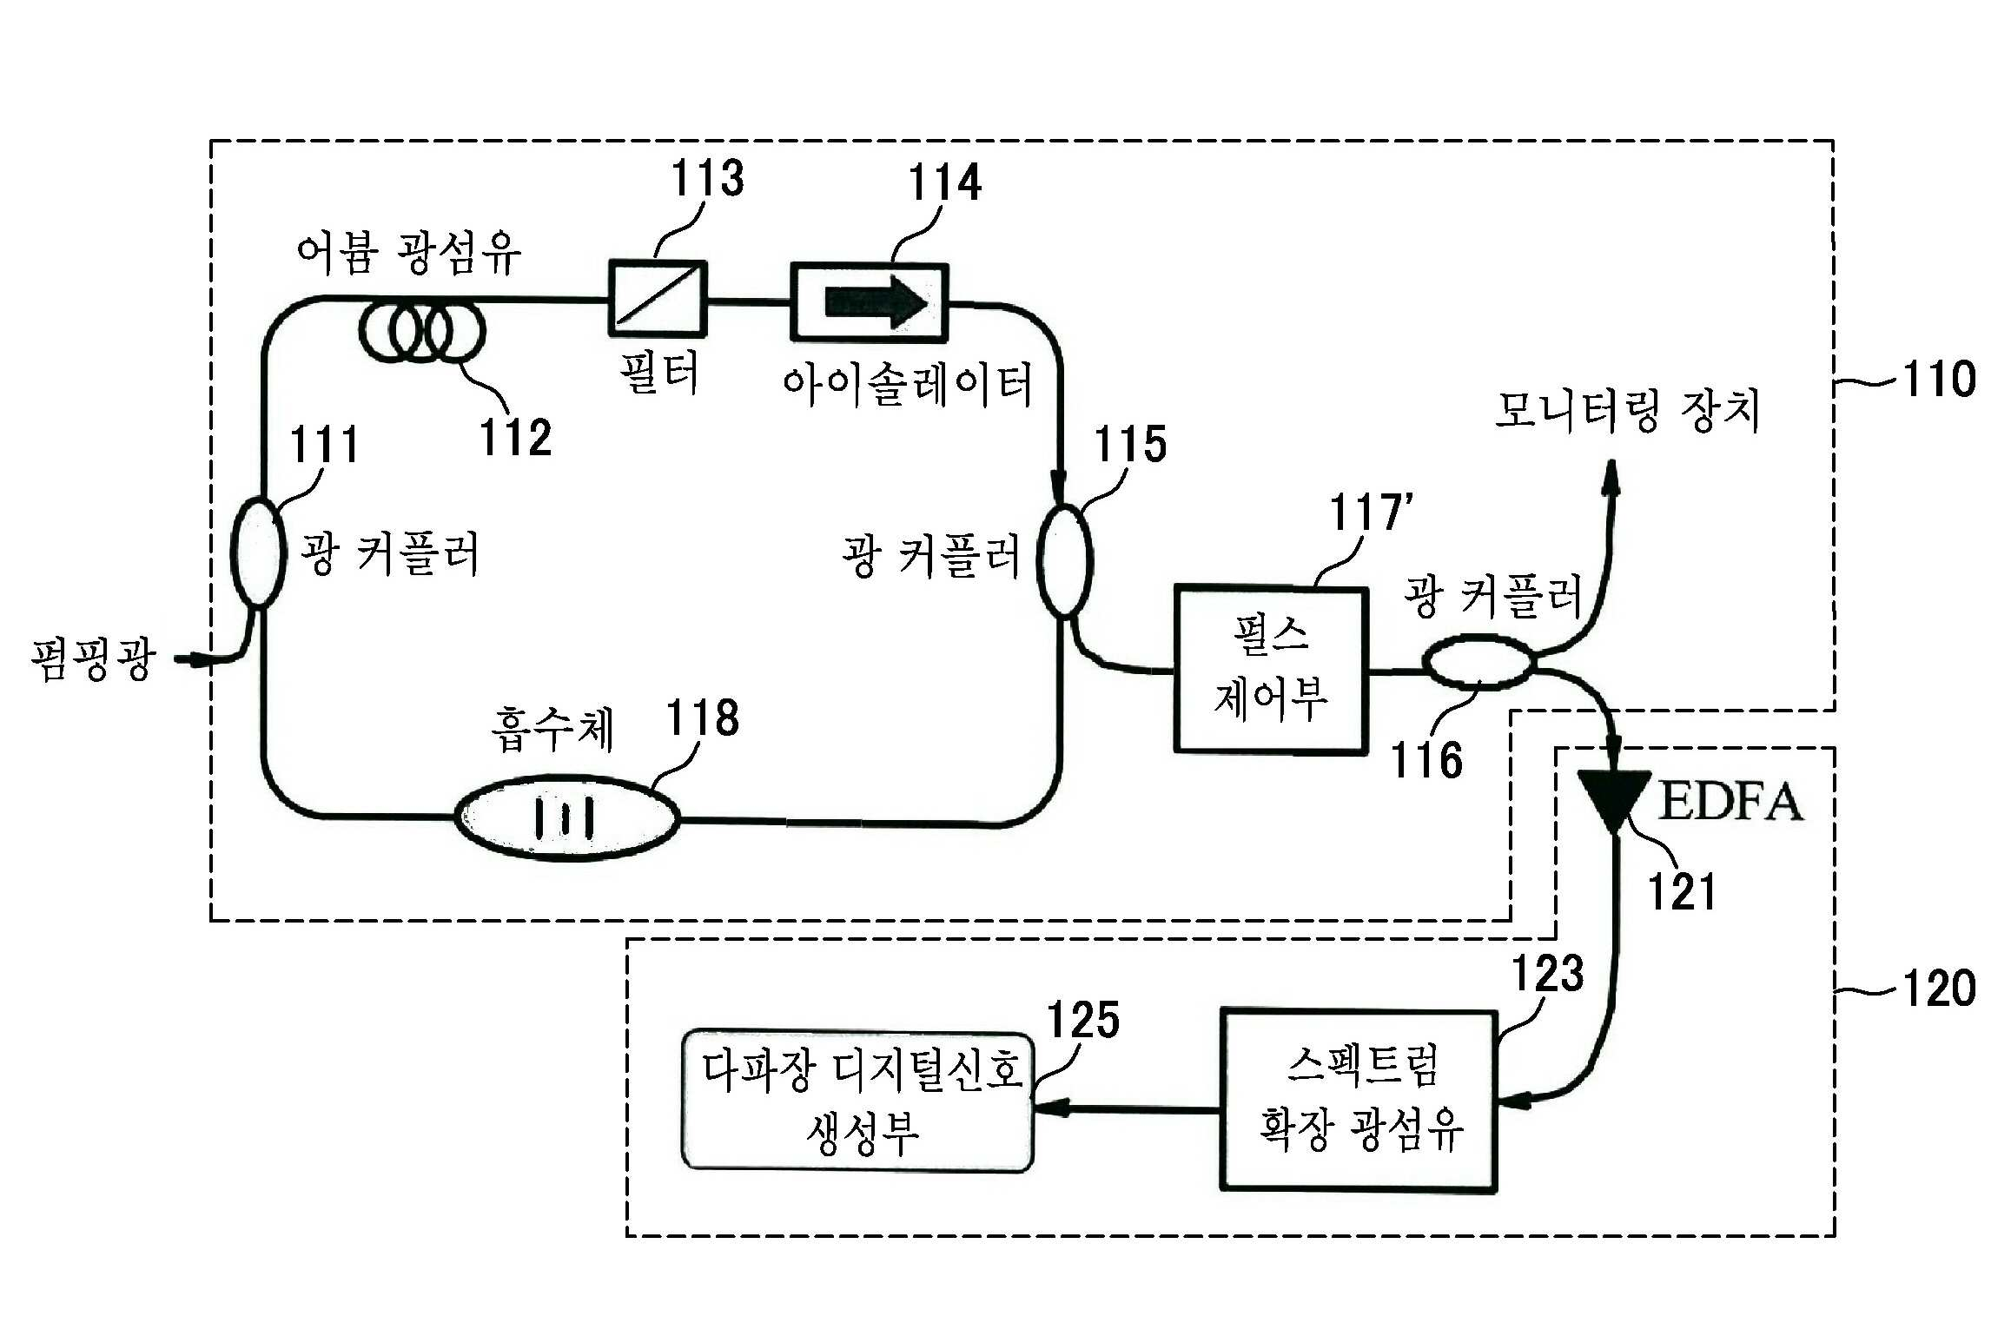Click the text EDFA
coord(1730,801)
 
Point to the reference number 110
coord(1939,379)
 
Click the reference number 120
coord(1939,989)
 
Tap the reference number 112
coord(516,437)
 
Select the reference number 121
coord(1683,891)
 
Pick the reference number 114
coord(945,182)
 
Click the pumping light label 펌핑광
coord(94,659)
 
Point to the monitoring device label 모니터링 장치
coord(1627,410)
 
